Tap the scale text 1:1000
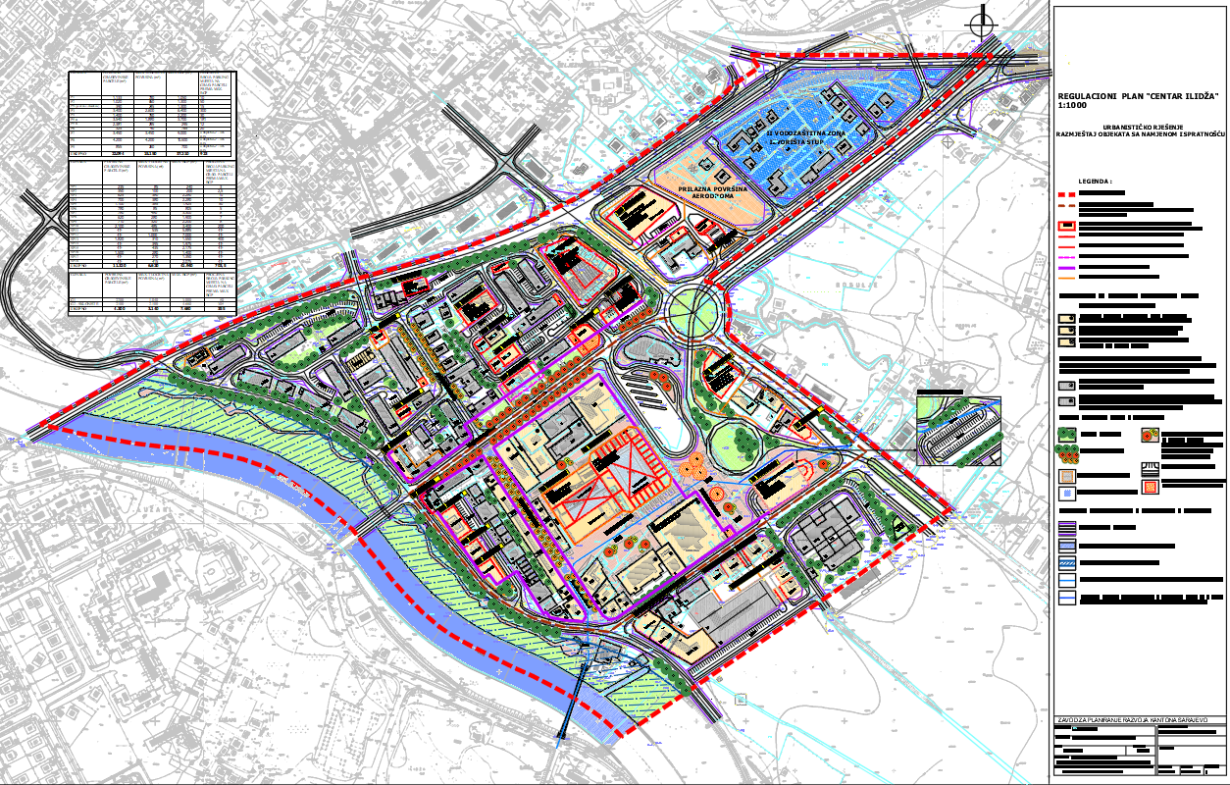click(1073, 104)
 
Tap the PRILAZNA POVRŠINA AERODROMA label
click(721, 191)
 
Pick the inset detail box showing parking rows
click(958, 429)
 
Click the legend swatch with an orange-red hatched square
click(1149, 485)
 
